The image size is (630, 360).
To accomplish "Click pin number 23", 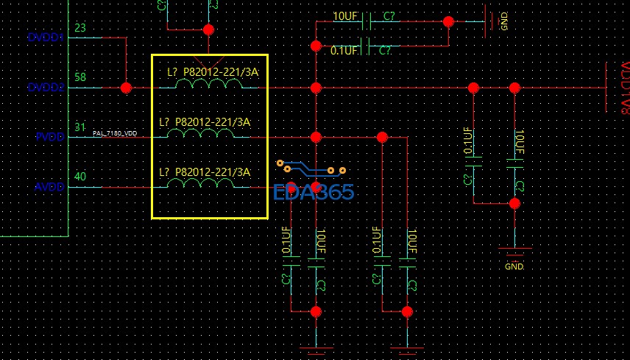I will [81, 28].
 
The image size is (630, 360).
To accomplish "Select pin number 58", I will [81, 77].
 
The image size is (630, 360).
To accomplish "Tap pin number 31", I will [80, 127].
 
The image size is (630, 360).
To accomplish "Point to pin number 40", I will [81, 177].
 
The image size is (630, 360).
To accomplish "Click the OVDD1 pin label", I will [45, 38].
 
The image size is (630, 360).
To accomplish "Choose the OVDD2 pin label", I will [45, 88].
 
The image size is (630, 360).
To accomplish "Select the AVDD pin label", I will [50, 187].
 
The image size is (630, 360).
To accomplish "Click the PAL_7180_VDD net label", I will [115, 133].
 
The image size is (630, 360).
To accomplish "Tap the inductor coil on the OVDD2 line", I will [210, 85].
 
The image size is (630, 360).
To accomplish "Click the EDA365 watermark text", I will [313, 193].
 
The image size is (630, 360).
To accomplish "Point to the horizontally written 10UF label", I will [346, 16].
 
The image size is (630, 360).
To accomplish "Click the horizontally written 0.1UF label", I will [344, 51].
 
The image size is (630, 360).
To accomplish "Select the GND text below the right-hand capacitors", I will [514, 266].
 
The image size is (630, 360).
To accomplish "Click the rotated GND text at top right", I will [504, 21].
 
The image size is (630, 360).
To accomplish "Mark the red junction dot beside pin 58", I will [126, 88].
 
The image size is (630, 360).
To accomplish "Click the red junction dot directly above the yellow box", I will [208, 30].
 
